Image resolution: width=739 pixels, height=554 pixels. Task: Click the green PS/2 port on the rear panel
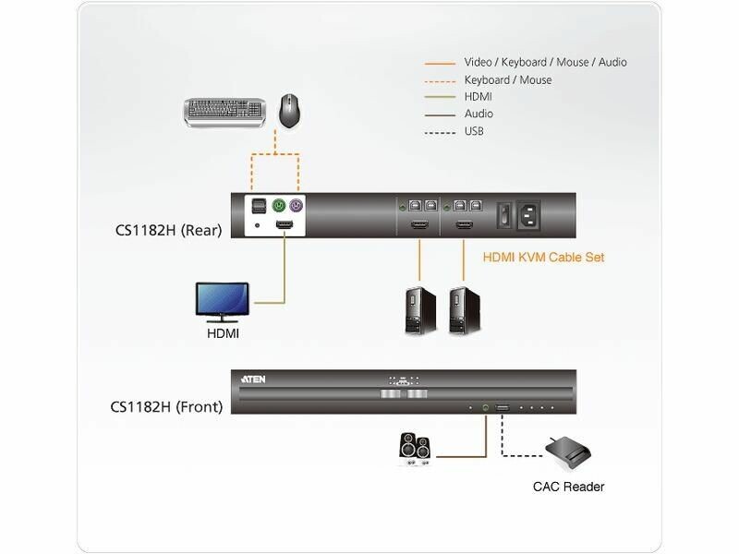point(278,206)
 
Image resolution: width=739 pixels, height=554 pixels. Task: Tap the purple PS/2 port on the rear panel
point(297,206)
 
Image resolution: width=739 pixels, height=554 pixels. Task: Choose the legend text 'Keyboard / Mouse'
point(507,80)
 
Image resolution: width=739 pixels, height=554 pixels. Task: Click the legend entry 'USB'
point(474,131)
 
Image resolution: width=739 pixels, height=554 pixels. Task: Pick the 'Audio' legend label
point(479,114)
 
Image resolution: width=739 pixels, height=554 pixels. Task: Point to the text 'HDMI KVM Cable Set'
point(544,258)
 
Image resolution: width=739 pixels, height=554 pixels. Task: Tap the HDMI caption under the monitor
point(223,331)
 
